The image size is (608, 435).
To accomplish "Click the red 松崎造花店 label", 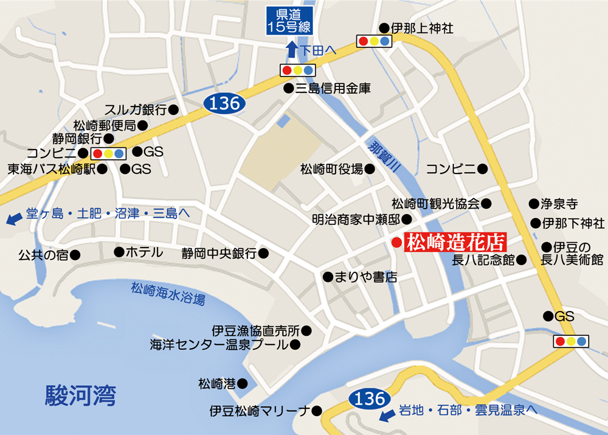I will [x=455, y=243].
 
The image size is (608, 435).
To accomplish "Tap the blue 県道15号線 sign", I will [x=289, y=21].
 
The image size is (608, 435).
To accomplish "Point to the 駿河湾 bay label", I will [x=80, y=396].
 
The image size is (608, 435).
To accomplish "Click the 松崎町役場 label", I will [x=331, y=169].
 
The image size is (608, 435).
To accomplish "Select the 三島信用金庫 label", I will [x=333, y=88].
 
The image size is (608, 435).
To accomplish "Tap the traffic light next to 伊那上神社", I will [x=375, y=41].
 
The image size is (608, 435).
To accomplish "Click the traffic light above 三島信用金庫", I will [x=297, y=70].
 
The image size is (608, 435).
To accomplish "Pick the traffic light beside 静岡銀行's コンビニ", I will [x=108, y=153].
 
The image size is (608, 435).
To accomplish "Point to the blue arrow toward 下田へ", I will [x=292, y=49].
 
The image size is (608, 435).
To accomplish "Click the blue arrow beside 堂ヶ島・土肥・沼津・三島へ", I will [x=12, y=218].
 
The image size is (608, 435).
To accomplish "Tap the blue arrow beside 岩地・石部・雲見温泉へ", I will [x=384, y=416].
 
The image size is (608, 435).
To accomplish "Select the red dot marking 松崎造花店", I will [x=396, y=243].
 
